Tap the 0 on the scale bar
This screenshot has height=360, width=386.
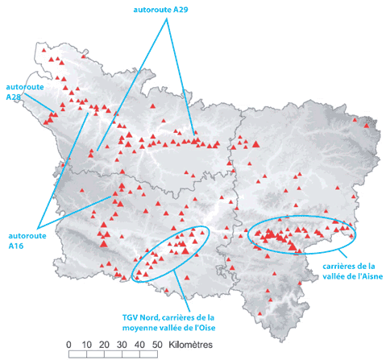(69, 344)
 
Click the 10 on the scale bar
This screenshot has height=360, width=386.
(86, 344)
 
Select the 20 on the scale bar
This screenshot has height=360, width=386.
(104, 344)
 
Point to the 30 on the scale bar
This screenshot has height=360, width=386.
(122, 344)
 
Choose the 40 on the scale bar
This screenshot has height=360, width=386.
(139, 344)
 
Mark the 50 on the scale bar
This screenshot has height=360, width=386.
(157, 344)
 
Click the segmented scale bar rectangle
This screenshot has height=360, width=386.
(113, 353)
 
